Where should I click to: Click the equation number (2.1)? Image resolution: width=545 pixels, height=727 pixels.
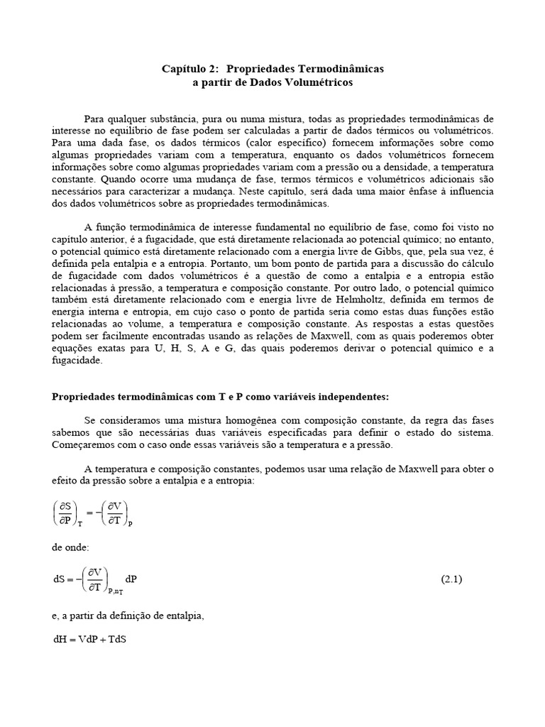451,579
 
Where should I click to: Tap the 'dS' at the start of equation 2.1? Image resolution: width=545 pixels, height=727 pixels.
59,579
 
